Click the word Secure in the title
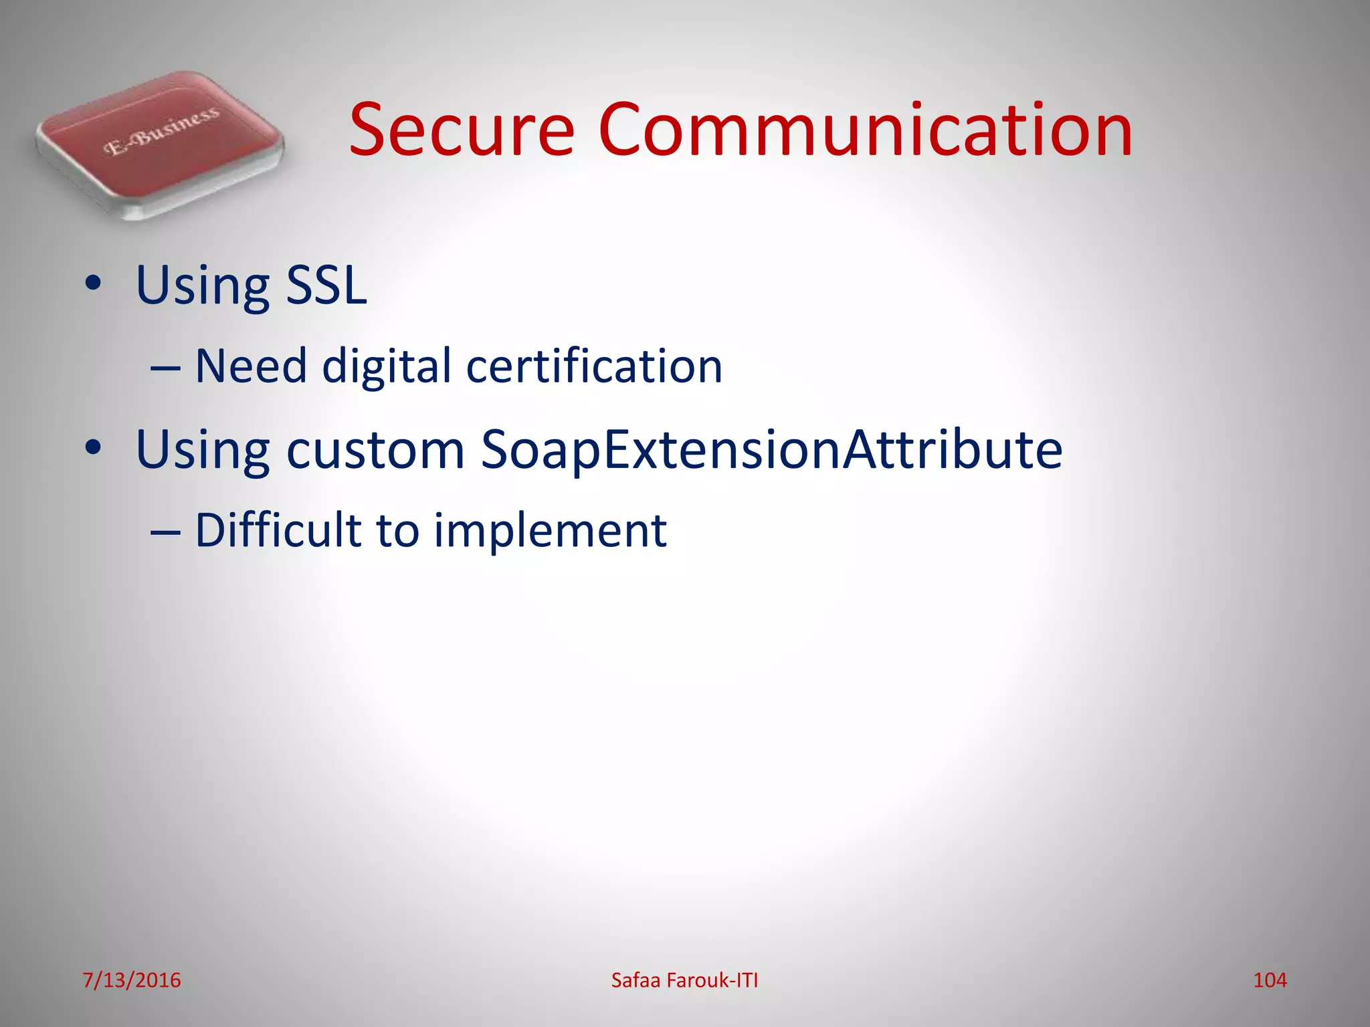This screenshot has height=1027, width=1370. pyautogui.click(x=462, y=130)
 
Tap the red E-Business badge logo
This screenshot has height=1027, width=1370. pyautogui.click(x=161, y=144)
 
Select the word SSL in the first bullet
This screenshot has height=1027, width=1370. pyautogui.click(x=326, y=286)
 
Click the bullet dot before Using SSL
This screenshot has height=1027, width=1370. pyautogui.click(x=93, y=283)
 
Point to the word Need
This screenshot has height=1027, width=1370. pyautogui.click(x=251, y=366)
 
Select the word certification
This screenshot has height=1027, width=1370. pyautogui.click(x=594, y=366)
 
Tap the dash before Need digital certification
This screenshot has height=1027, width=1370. pyautogui.click(x=165, y=368)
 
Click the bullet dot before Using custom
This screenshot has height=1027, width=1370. pyautogui.click(x=93, y=447)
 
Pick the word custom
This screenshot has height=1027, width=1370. pyautogui.click(x=375, y=450)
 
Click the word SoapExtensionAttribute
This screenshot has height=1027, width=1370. pyautogui.click(x=771, y=450)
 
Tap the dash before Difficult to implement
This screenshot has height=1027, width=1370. pyautogui.click(x=165, y=532)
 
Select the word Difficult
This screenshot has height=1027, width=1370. pyautogui.click(x=278, y=530)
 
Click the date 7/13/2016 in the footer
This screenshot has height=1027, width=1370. pyautogui.click(x=132, y=980)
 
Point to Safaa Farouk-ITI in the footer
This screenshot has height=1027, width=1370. pyautogui.click(x=684, y=980)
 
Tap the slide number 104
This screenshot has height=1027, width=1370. pyautogui.click(x=1270, y=980)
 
